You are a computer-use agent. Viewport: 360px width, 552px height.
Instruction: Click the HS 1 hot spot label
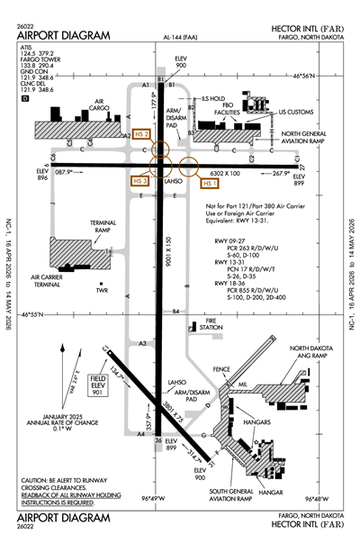(x=211, y=183)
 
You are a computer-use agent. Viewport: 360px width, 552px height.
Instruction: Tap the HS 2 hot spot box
(x=139, y=135)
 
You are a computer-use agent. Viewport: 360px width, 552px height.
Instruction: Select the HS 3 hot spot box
(x=139, y=181)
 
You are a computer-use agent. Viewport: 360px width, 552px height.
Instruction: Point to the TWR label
(x=102, y=291)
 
